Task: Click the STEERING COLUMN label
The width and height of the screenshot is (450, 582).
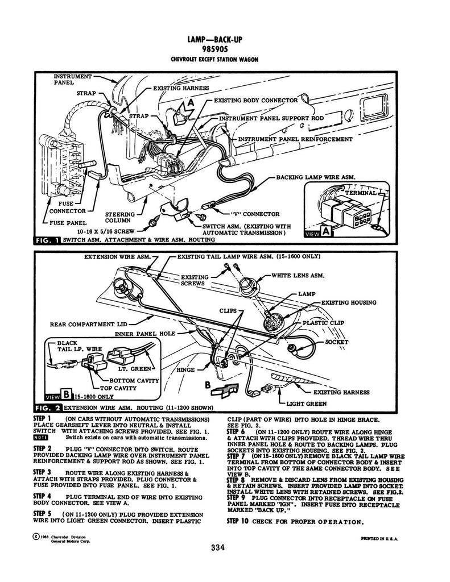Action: tap(120, 218)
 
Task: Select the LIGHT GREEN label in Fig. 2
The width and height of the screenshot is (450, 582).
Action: tap(306, 404)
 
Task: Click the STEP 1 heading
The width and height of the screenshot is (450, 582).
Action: tap(43, 419)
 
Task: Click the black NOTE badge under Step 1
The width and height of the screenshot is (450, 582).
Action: tap(42, 437)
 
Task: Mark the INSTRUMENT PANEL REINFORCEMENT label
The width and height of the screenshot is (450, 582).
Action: tap(295, 139)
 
